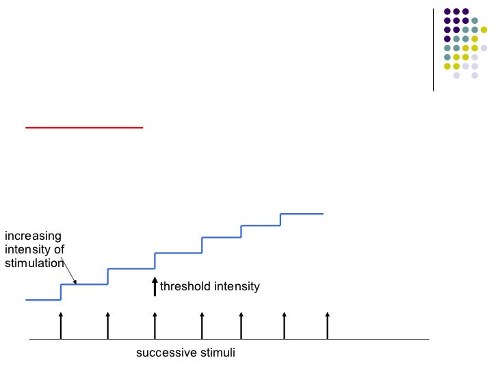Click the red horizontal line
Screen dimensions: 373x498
tap(83, 127)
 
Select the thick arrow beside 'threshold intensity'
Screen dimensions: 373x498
tap(155, 286)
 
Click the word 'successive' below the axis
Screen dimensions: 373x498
tap(161, 353)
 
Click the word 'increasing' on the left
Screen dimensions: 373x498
tap(33, 236)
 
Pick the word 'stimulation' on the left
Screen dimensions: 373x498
tap(34, 263)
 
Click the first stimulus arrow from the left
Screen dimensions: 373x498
tap(61, 325)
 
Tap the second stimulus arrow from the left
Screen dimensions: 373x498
tap(108, 325)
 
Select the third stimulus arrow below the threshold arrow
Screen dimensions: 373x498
tap(155, 325)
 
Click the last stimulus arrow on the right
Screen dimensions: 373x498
tap(328, 325)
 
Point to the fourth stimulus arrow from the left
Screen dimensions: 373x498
tap(202, 325)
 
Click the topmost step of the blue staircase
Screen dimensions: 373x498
tap(302, 214)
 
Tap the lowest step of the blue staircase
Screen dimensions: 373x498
tap(43, 299)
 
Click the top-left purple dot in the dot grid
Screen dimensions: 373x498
tap(447, 12)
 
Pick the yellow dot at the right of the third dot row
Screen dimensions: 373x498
tap(484, 30)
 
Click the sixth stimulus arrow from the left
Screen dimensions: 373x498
tap(285, 325)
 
